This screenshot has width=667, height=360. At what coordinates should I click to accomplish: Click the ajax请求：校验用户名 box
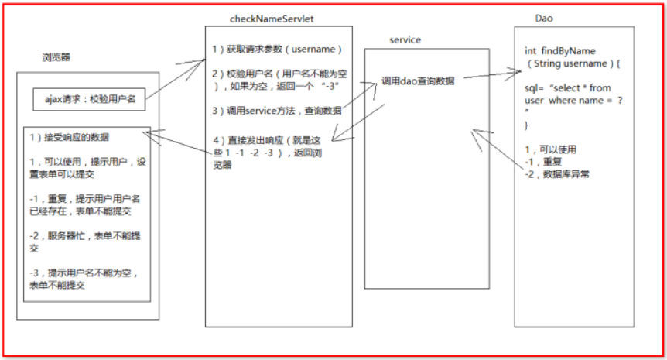pos(90,98)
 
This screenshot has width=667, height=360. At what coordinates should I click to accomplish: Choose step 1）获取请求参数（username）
pos(277,49)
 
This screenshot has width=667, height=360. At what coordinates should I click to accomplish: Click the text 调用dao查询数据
pos(419,81)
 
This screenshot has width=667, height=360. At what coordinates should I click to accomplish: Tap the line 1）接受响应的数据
pos(69,137)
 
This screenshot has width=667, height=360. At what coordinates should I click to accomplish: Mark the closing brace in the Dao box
pos(526,124)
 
